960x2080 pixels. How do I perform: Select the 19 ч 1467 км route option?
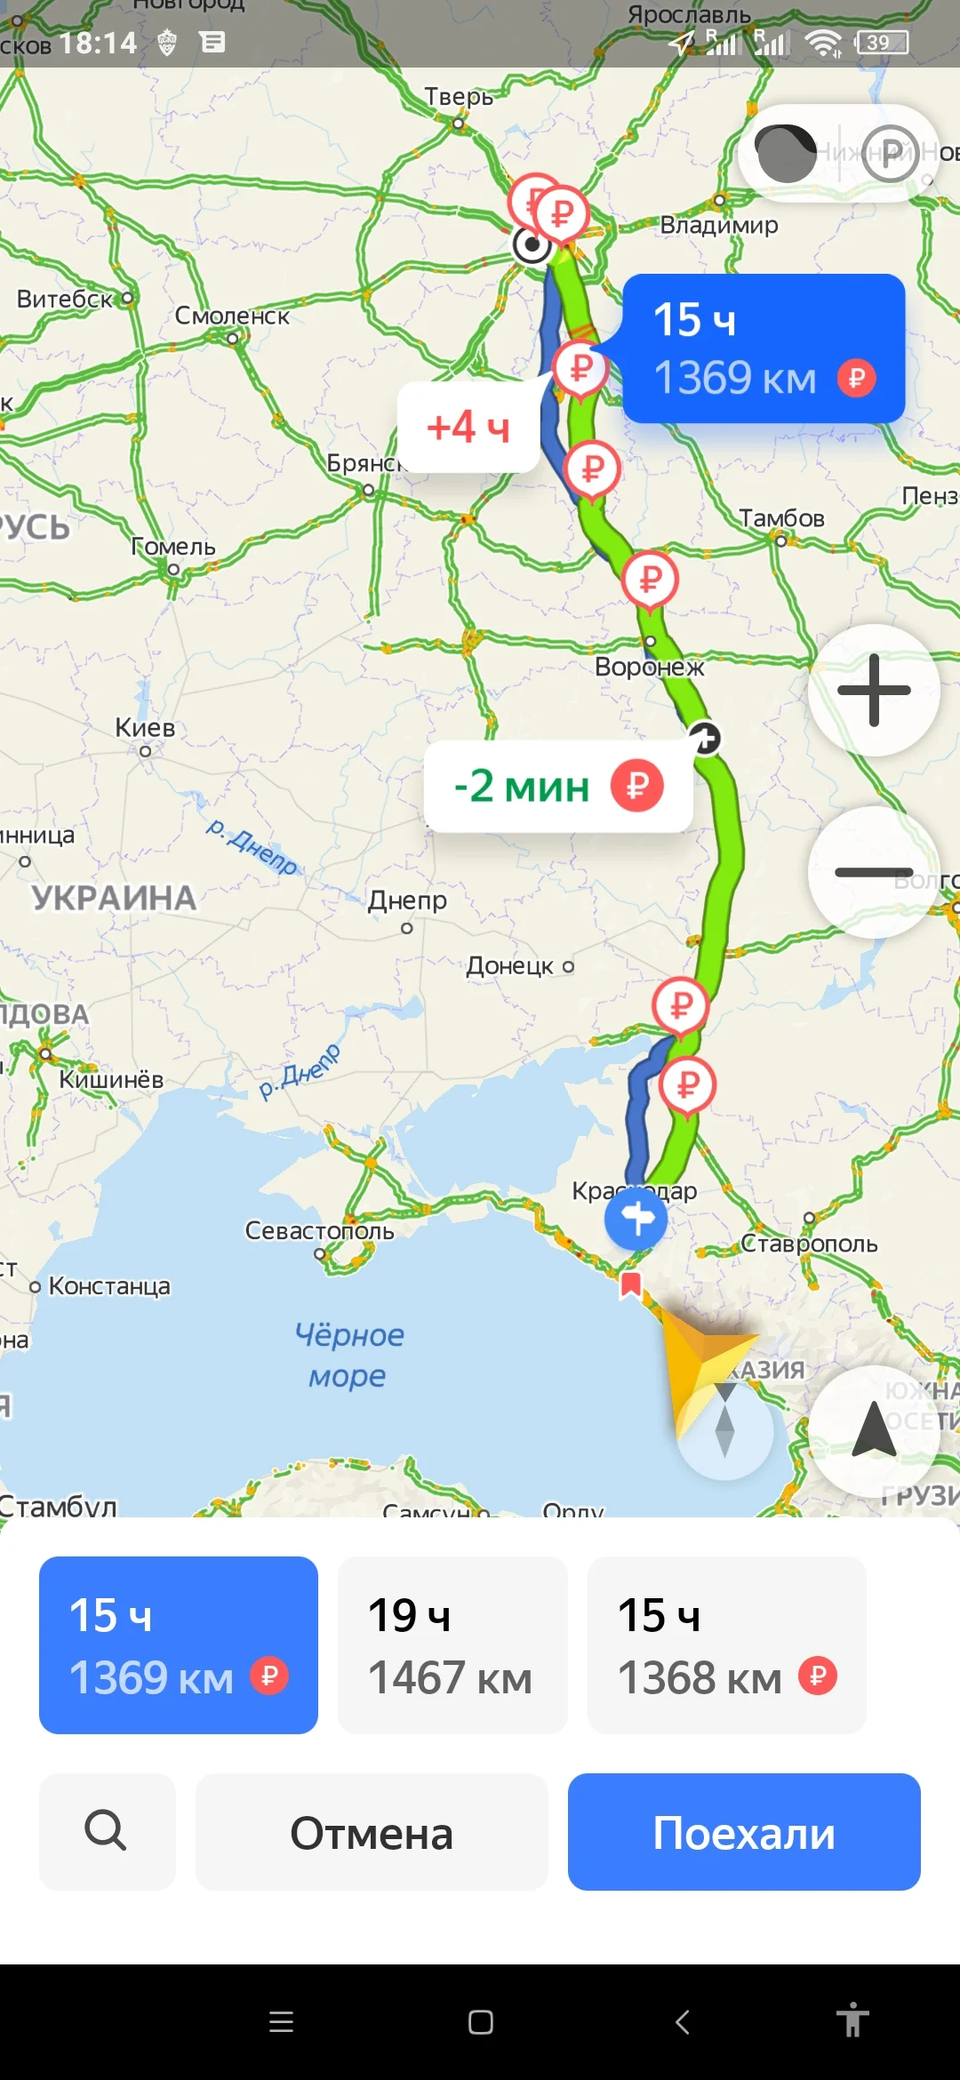452,1644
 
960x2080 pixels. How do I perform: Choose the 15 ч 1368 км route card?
726,1644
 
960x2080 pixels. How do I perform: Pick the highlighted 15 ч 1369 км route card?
179,1644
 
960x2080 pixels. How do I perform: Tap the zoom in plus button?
874,691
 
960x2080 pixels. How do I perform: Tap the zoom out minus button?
874,872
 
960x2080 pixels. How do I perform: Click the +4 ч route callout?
468,428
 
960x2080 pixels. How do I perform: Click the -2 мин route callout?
557,787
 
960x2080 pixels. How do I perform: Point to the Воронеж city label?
649,667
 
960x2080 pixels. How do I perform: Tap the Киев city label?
145,728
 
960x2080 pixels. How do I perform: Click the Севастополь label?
319,1231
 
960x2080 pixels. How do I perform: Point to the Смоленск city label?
232,316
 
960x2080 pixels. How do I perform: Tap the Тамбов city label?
781,518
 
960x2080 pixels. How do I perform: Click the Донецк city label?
510,966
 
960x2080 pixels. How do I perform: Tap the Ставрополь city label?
809,1244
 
